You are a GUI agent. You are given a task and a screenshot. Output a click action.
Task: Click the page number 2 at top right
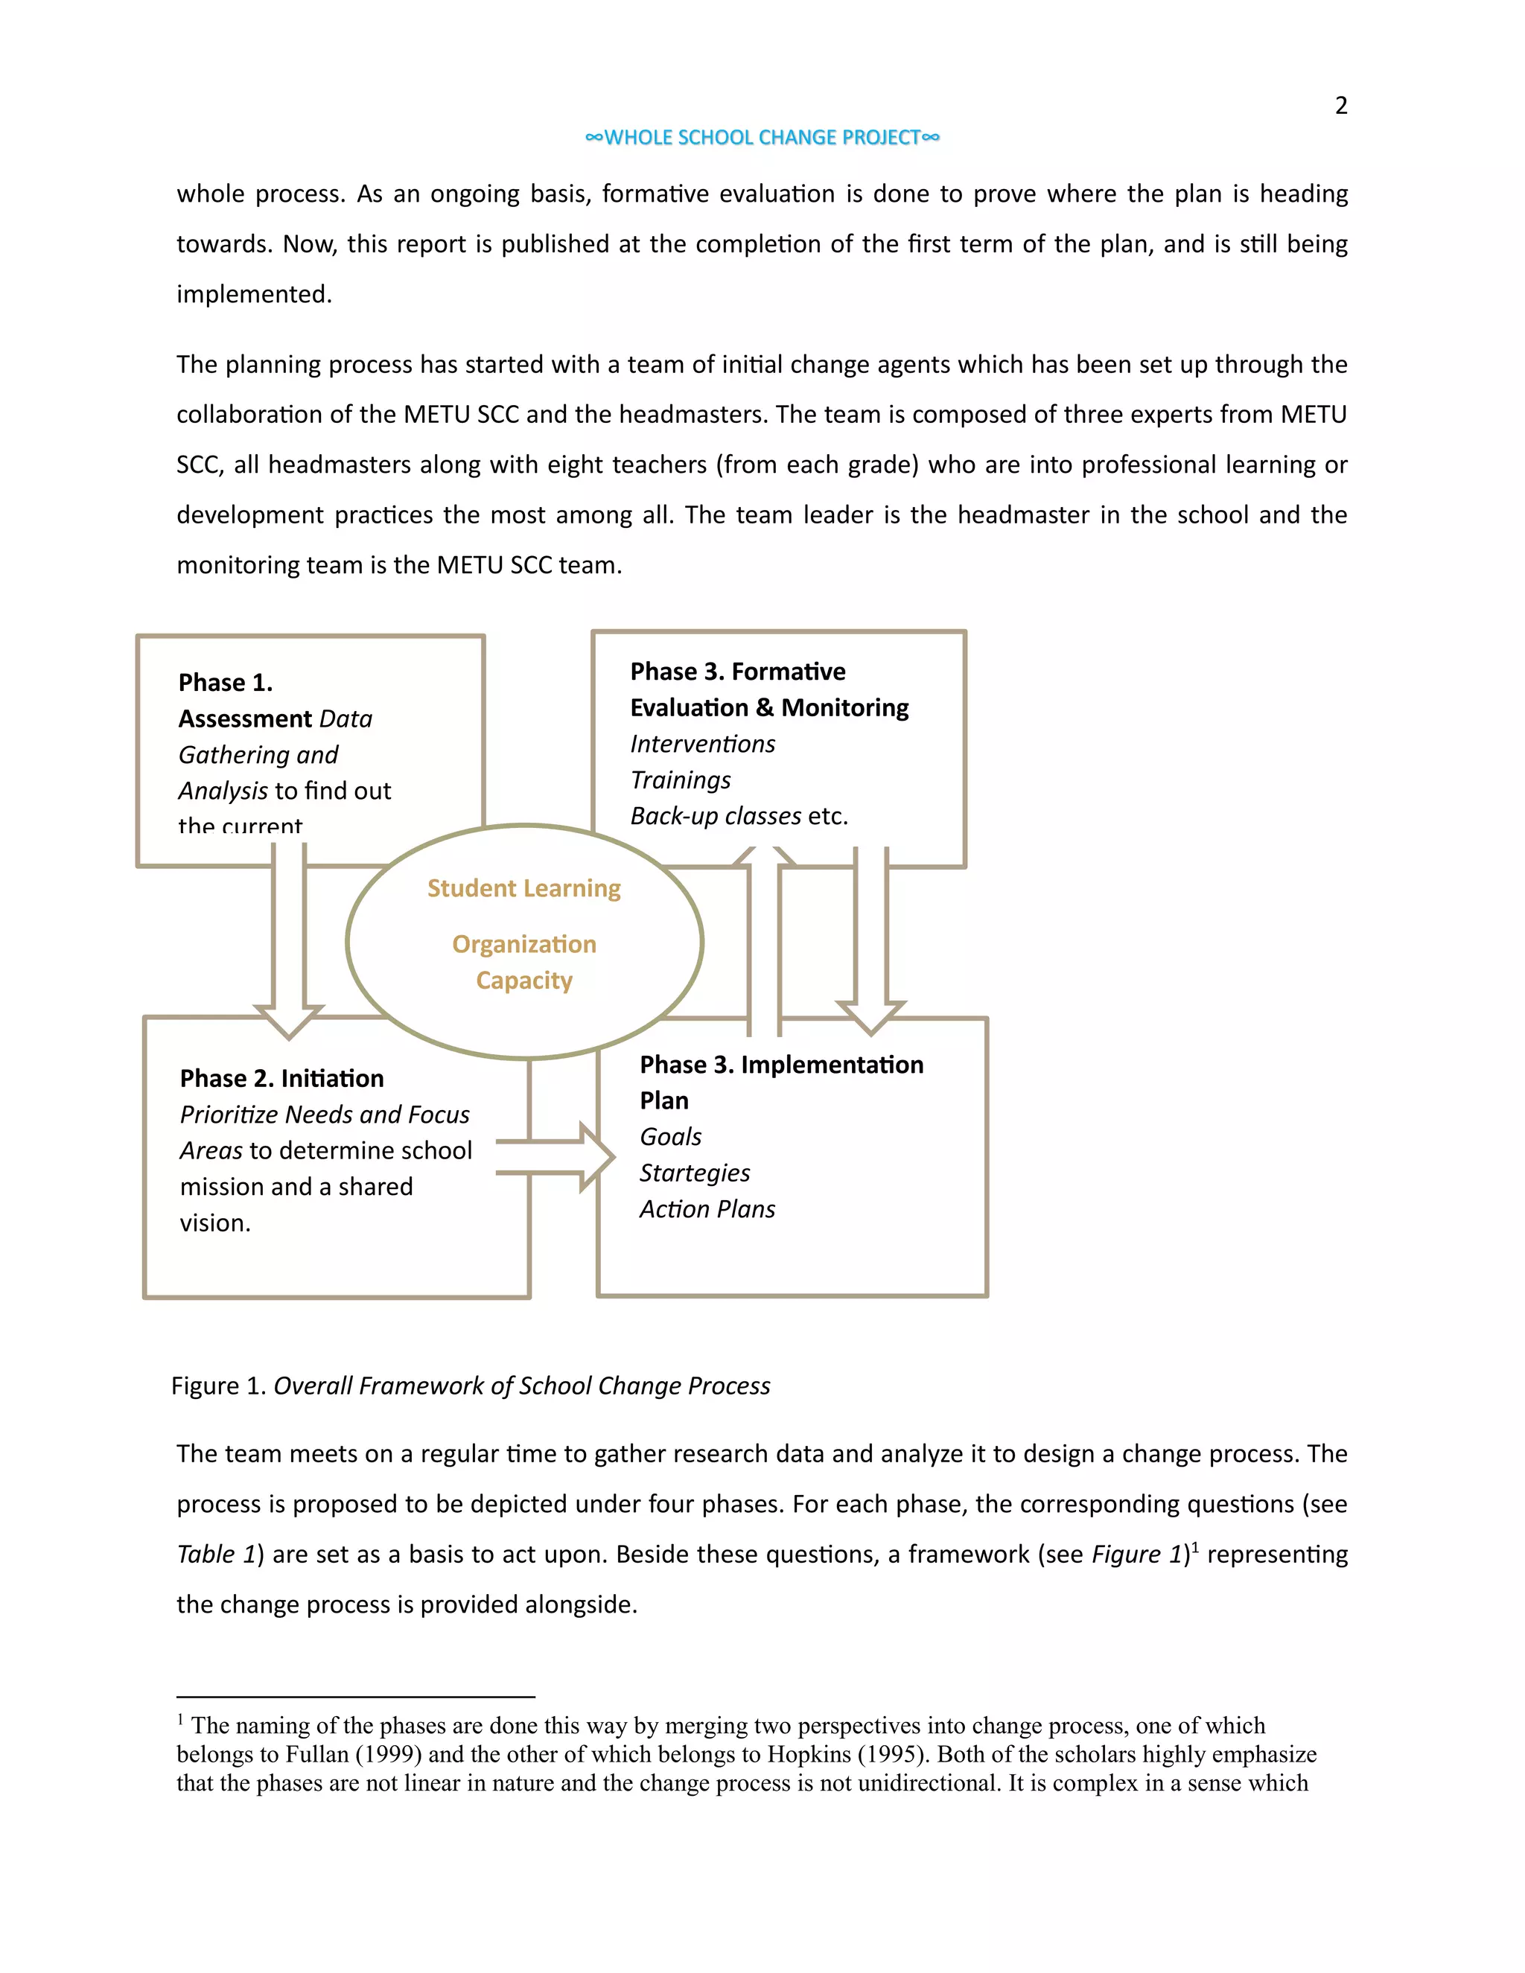tap(1340, 106)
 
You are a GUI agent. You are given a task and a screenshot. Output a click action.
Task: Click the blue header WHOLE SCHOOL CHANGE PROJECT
tap(762, 137)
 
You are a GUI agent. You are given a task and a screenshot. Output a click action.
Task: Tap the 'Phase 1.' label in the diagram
tap(225, 682)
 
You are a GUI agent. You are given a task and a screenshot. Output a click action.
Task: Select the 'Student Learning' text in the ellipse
tap(524, 888)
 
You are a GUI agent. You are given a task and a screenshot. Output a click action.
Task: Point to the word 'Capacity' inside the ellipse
tap(524, 981)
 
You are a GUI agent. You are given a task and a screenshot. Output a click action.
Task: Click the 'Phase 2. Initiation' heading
tap(282, 1078)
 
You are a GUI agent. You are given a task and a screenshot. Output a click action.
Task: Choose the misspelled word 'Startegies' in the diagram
tap(695, 1173)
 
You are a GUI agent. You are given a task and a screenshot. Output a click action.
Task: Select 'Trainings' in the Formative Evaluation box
tap(681, 780)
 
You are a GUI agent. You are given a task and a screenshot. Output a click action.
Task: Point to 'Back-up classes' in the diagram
tap(716, 816)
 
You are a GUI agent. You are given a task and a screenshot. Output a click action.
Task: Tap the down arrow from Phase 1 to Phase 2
tap(289, 940)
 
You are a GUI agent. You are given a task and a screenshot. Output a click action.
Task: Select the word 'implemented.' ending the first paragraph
tap(254, 295)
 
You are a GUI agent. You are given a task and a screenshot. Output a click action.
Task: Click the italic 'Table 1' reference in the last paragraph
tap(216, 1554)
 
